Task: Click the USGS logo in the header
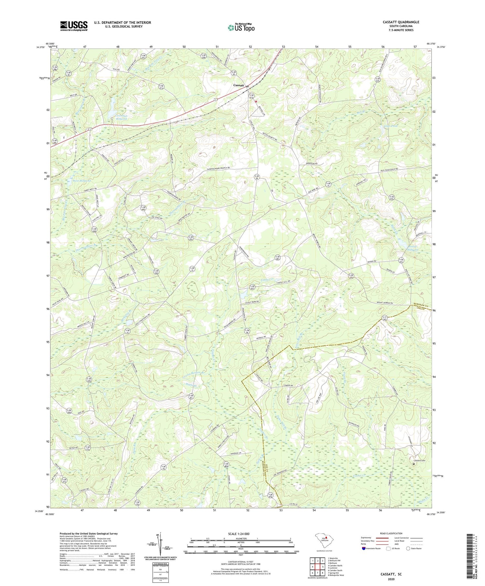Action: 74,26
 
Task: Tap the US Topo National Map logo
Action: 241,28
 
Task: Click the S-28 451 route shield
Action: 191,397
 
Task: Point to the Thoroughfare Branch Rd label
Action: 216,168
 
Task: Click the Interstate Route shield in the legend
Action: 364,549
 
